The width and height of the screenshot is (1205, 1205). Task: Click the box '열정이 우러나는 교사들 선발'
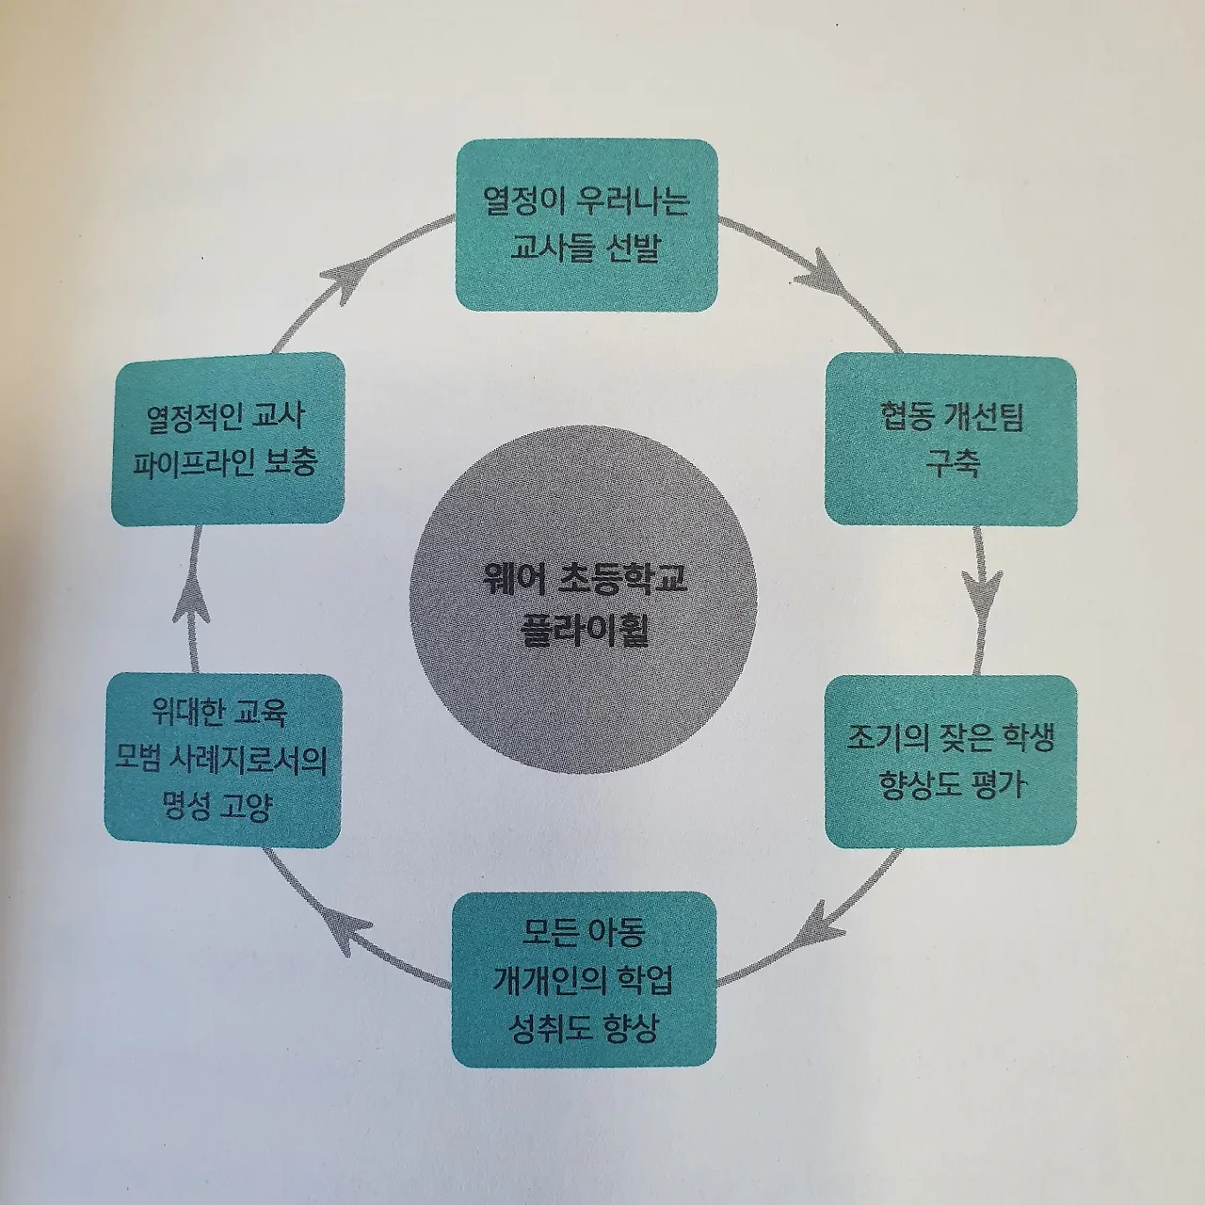click(x=586, y=225)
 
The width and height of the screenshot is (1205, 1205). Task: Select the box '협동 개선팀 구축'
click(x=951, y=439)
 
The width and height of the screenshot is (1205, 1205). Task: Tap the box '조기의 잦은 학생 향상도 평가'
click(x=951, y=760)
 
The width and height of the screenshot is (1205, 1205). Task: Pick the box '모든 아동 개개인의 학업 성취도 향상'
click(x=584, y=978)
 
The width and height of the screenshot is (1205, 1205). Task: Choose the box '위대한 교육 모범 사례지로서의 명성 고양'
click(x=222, y=760)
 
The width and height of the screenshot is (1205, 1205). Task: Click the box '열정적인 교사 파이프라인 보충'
click(x=227, y=439)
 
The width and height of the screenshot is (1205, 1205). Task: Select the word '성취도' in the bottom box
click(x=550, y=1025)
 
